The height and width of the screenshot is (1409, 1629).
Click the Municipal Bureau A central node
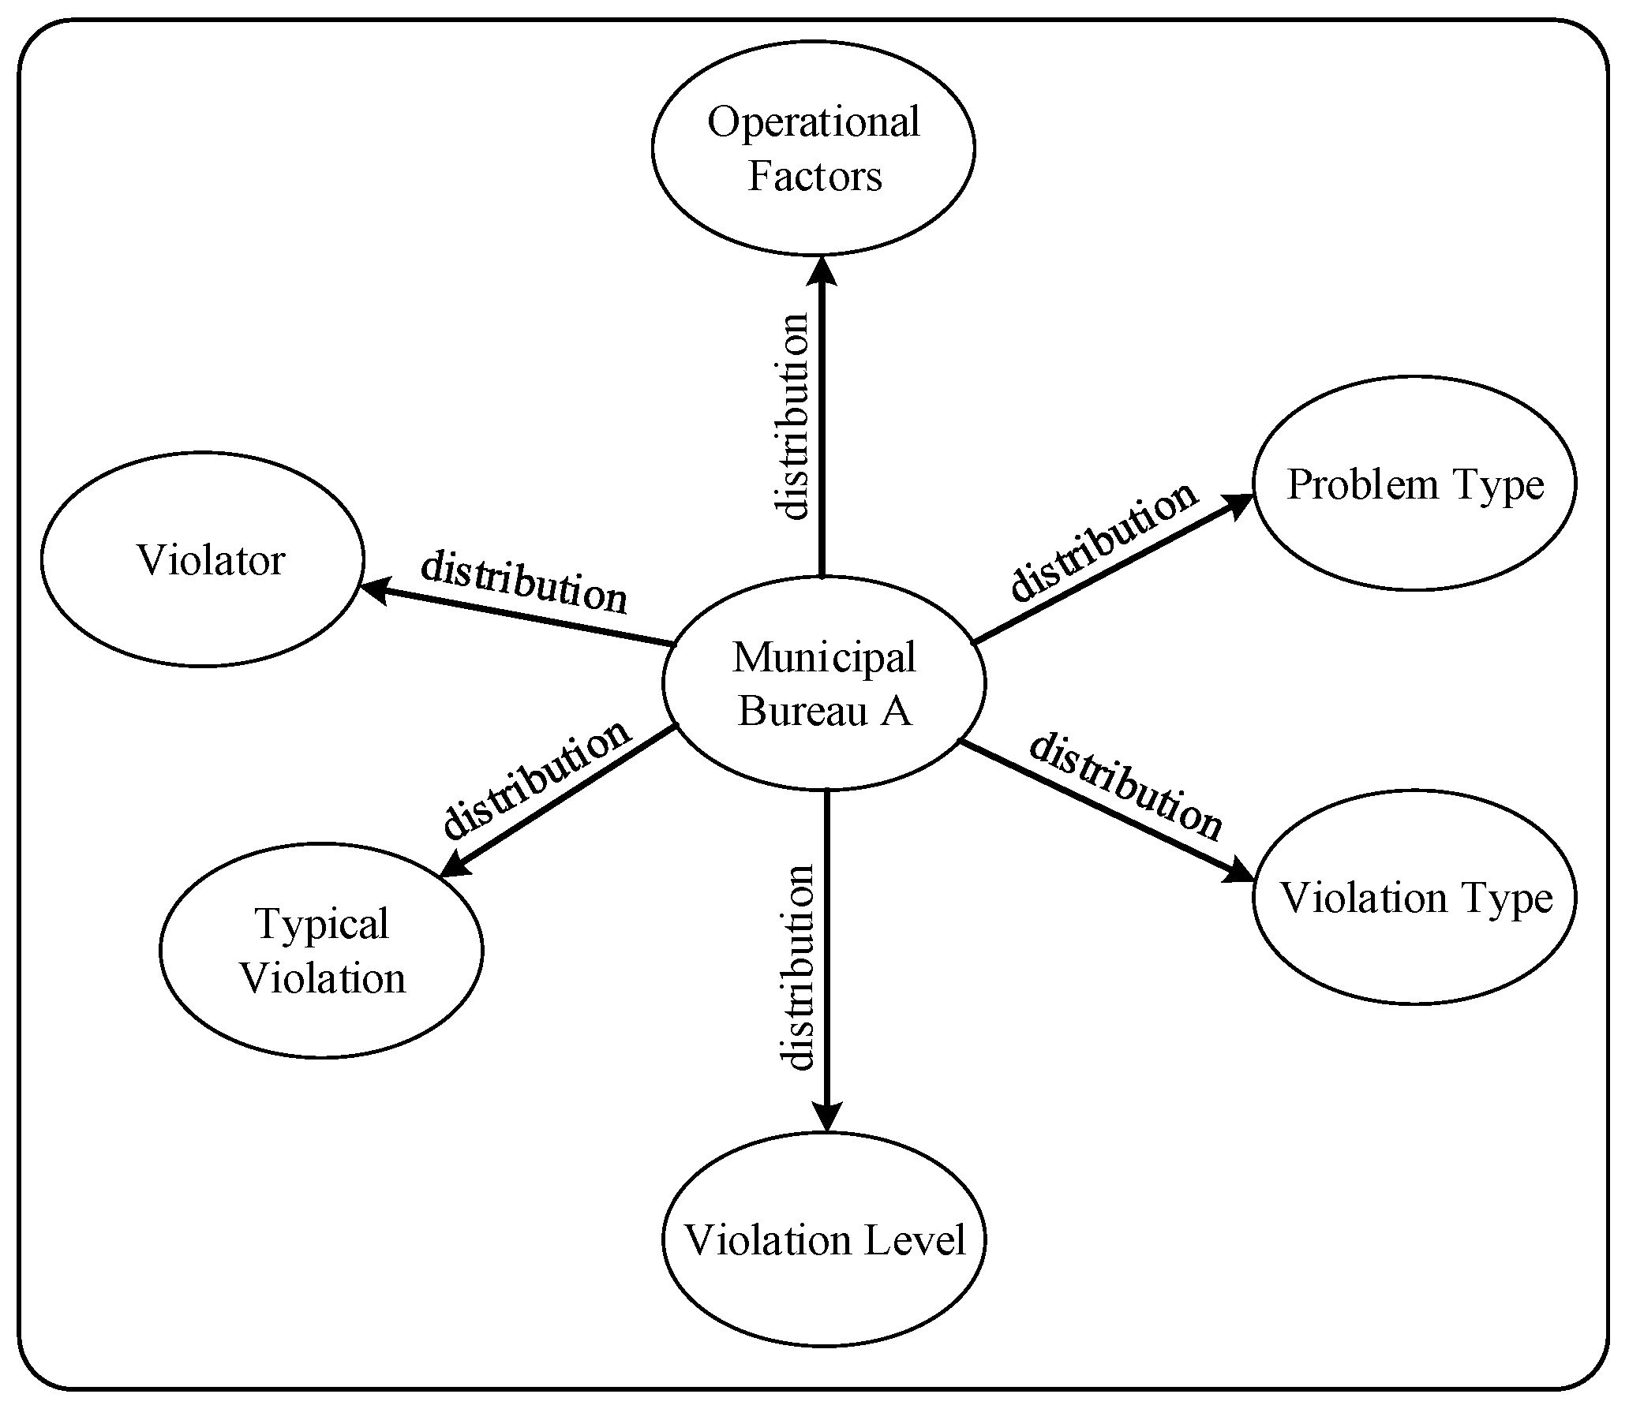pyautogui.click(x=824, y=683)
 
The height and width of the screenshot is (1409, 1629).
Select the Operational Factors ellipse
pyautogui.click(x=814, y=148)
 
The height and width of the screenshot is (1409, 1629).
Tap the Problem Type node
pyautogui.click(x=1414, y=484)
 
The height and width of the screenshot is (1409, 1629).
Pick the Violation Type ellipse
pyautogui.click(x=1414, y=897)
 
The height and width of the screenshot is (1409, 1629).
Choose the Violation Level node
pyautogui.click(x=824, y=1239)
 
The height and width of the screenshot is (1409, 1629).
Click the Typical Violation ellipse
pyautogui.click(x=321, y=951)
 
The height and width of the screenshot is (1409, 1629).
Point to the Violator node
pyautogui.click(x=202, y=559)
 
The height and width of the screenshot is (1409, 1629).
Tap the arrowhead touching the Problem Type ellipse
pyautogui.click(x=1238, y=505)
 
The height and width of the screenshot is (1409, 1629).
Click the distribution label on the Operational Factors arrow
pyautogui.click(x=791, y=417)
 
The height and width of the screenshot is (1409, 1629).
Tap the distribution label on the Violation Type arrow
pyautogui.click(x=1125, y=787)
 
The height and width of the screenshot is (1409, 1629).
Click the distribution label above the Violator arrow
pyautogui.click(x=524, y=582)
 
